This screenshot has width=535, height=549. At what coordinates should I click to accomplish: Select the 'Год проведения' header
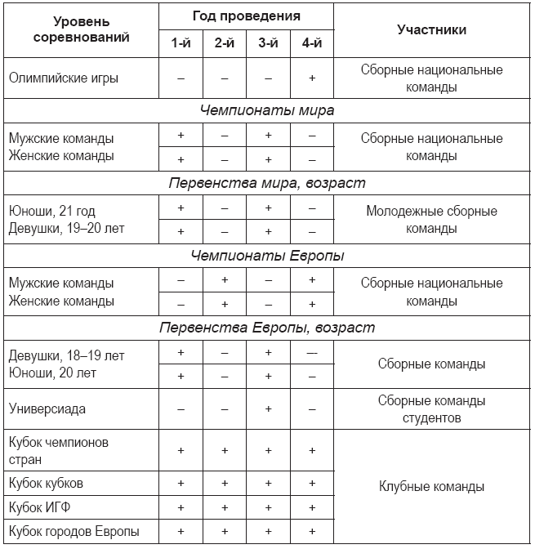click(246, 16)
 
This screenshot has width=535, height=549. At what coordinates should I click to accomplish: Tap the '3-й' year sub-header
click(268, 43)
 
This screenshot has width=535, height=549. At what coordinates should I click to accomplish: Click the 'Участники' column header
click(431, 29)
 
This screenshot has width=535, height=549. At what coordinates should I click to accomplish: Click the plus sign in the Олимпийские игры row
click(311, 78)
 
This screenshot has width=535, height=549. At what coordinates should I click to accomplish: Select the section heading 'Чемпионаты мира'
click(267, 110)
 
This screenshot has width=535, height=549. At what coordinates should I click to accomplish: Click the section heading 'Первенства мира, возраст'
click(267, 183)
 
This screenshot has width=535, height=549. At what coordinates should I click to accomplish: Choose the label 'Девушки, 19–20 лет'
click(66, 228)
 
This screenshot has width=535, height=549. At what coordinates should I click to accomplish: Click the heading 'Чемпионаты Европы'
click(267, 256)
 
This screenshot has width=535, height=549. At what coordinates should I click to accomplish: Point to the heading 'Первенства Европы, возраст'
click(267, 328)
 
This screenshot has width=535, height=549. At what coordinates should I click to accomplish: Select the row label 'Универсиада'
click(47, 408)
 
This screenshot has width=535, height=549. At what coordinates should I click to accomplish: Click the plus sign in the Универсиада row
click(268, 408)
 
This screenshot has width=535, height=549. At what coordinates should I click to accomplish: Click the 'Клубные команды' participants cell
click(431, 487)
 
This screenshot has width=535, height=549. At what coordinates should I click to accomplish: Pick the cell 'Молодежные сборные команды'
click(431, 219)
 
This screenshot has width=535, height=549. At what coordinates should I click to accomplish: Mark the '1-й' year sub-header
click(181, 43)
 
